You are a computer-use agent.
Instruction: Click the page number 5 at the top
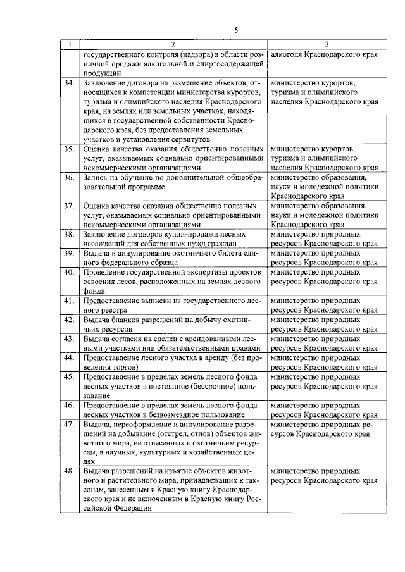click(x=235, y=30)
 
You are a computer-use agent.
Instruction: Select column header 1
click(x=70, y=45)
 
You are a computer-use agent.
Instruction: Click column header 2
click(x=172, y=45)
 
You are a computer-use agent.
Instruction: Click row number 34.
click(x=70, y=83)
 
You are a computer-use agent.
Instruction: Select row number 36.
click(x=70, y=178)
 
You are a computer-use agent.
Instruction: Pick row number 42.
click(x=70, y=320)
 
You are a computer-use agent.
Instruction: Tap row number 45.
click(x=70, y=376)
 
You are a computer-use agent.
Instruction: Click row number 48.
click(x=70, y=471)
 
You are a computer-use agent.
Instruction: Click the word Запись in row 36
click(x=96, y=178)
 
